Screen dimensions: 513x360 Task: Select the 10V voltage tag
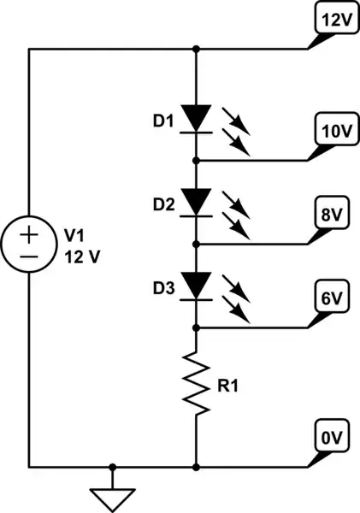(x=332, y=132)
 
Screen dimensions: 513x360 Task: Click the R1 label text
(x=227, y=385)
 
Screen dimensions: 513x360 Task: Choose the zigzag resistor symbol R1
(x=198, y=385)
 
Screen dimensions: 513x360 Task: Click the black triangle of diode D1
(x=198, y=115)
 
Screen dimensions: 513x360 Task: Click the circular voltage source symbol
(x=29, y=244)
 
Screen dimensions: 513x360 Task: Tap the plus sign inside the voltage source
(x=29, y=233)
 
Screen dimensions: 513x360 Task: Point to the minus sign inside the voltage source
(x=29, y=256)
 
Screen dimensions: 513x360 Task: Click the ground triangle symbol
(x=111, y=497)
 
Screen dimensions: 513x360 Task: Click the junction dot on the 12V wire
(x=198, y=49)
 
